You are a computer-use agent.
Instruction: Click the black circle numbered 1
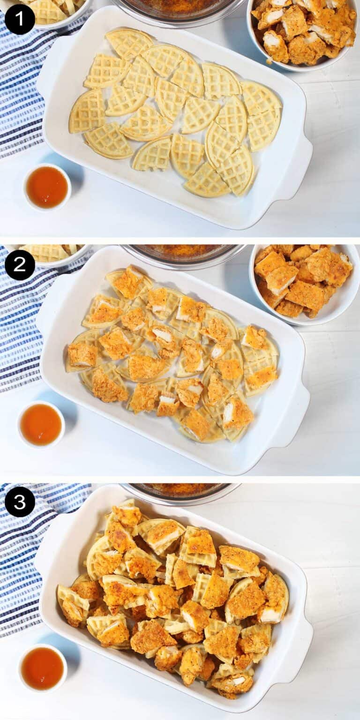20,19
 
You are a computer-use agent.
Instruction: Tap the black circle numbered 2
20,265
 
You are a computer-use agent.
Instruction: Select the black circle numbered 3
20,502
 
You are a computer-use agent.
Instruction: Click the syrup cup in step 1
47,187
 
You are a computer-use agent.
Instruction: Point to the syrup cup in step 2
41,425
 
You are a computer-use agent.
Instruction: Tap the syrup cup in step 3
42,668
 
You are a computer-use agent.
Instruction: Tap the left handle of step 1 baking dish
47,75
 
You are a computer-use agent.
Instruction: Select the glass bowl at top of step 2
183,253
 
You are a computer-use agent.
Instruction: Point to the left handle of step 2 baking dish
47,309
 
